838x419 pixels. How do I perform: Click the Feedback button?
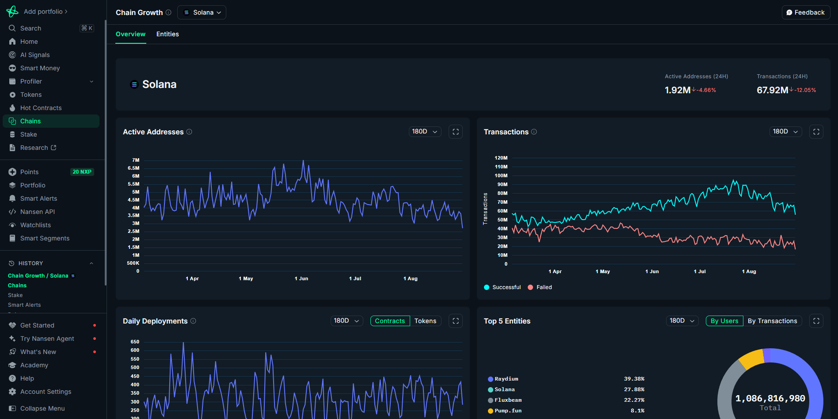click(x=806, y=12)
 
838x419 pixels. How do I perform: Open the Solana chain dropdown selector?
click(x=202, y=12)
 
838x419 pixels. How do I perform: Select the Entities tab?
click(x=168, y=34)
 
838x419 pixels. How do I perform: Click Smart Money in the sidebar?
click(x=40, y=68)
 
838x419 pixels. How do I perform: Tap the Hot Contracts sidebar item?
click(x=41, y=108)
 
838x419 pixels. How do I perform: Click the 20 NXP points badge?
click(x=82, y=172)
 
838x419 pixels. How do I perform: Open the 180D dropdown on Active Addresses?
click(x=424, y=132)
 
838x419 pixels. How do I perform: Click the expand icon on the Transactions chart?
click(x=816, y=132)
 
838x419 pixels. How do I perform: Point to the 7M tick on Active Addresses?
click(x=136, y=160)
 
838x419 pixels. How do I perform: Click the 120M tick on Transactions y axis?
click(x=501, y=158)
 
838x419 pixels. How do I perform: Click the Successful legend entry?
click(x=506, y=287)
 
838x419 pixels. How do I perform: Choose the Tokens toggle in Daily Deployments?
click(x=425, y=321)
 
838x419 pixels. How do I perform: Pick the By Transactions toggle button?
click(x=772, y=321)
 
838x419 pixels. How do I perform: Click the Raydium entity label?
click(x=506, y=379)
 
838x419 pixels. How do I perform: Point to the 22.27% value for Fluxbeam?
click(x=634, y=400)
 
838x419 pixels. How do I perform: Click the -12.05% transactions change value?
click(x=805, y=90)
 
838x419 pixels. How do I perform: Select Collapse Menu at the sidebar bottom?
click(x=42, y=408)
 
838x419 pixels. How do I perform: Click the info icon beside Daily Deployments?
click(x=193, y=321)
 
